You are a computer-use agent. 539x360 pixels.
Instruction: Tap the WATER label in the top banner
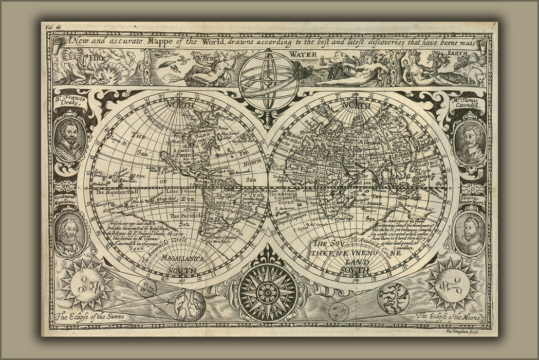(x=302, y=54)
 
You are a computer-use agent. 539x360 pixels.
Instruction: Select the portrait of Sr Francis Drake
(x=68, y=140)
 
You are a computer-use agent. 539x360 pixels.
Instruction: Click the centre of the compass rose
(x=267, y=292)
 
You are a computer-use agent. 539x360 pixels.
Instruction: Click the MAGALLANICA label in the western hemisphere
(x=180, y=259)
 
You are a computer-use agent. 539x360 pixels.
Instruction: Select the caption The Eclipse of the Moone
(x=448, y=317)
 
